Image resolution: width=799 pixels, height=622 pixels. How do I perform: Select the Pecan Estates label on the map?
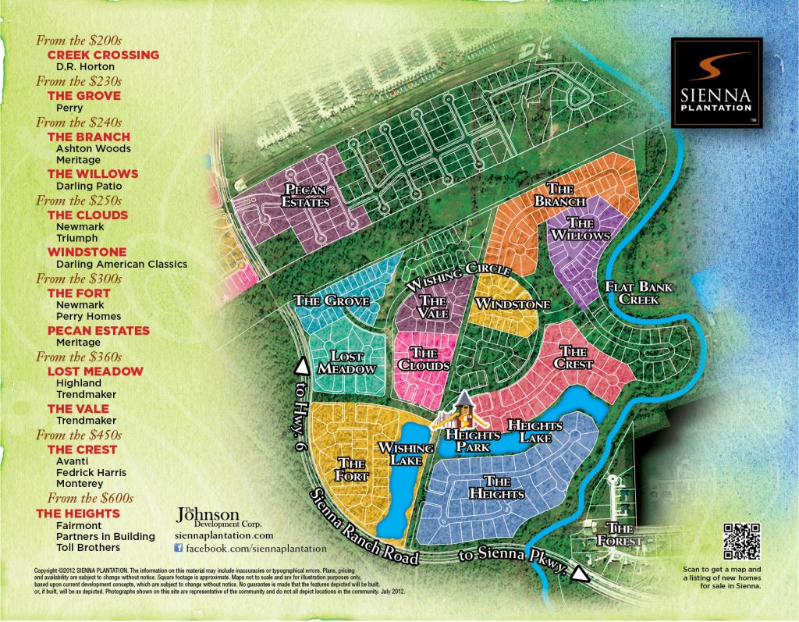305,196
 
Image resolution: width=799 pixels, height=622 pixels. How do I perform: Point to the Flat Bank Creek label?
639,292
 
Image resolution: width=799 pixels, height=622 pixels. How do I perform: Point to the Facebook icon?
178,549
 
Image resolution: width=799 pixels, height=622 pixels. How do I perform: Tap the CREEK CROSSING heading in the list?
103,55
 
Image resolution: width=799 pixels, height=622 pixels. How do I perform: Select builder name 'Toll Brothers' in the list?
89,549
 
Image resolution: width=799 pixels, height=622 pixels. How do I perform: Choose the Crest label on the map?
572,358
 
